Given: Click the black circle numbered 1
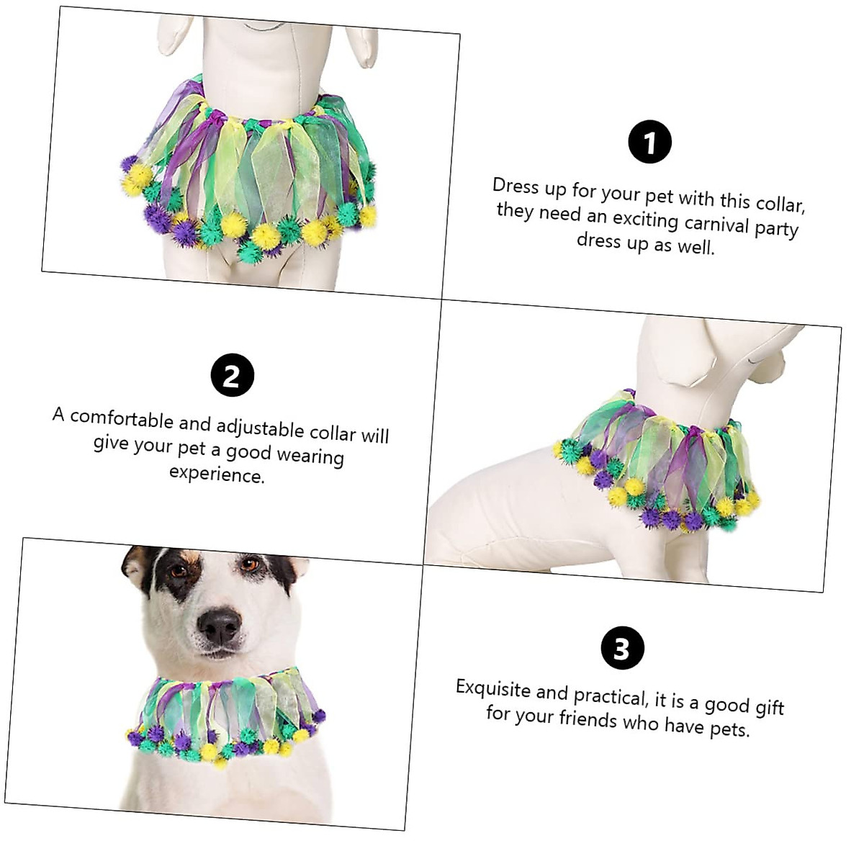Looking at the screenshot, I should coord(649,142).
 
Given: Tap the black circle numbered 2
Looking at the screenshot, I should coord(232,375).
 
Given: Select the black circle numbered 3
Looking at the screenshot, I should coord(622,649).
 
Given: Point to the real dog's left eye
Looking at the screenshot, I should coord(250,564).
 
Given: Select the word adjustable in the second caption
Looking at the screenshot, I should coord(260,428).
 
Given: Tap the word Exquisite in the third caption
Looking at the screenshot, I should coord(492,689).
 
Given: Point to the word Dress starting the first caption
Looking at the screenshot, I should coord(516,186).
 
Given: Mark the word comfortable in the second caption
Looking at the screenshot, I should coord(122,419).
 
